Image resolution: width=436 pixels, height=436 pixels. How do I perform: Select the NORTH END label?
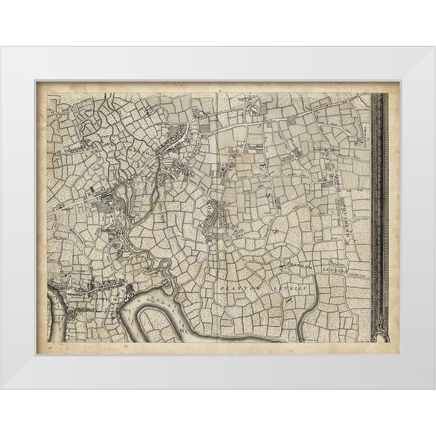pyautogui.click(x=326, y=150)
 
